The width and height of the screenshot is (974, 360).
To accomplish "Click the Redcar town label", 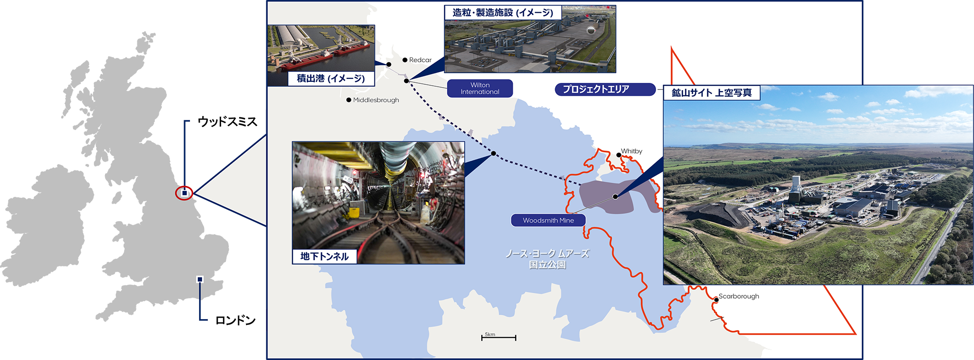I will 420,60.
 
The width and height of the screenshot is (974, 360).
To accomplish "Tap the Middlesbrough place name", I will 376,100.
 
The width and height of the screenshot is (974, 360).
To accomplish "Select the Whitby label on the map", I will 632,151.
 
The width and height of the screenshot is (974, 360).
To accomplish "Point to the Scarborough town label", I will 739,296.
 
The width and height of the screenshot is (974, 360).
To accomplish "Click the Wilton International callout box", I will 480,88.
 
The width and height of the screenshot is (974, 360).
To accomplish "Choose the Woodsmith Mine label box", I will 548,220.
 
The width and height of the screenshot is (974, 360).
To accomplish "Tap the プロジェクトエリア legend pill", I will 605,89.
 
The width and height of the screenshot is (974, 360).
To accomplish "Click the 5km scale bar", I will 498,337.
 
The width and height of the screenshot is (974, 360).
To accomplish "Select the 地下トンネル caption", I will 324,256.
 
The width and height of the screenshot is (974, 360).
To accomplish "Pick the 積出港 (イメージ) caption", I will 331,78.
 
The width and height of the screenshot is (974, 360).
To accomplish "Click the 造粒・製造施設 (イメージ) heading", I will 503,13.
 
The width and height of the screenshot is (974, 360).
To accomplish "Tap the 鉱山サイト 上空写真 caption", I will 711,93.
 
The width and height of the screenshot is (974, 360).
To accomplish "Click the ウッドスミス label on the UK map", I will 227,122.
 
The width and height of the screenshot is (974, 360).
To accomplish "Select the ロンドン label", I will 235,320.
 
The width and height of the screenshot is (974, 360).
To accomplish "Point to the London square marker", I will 200,279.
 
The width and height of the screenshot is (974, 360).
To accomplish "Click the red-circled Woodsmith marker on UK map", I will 184,193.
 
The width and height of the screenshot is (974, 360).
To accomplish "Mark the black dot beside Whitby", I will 618,155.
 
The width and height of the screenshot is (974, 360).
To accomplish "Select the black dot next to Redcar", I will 405,60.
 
